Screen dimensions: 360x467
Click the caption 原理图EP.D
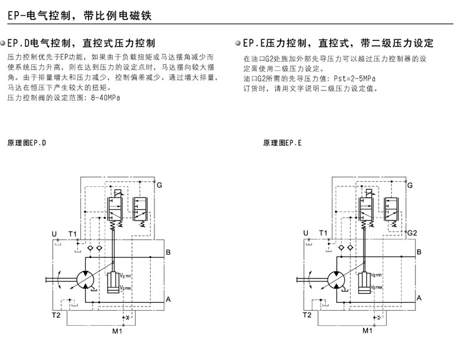pos(26,143)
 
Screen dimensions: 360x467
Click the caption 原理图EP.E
pos(283,143)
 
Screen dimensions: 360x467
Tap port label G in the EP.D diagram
pos(159,186)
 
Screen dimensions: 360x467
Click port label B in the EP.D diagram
pos(168,252)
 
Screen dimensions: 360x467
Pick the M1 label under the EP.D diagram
pos(117,331)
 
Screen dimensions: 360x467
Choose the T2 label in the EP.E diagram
pos(306,315)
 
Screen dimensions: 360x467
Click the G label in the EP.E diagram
pos(410,186)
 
